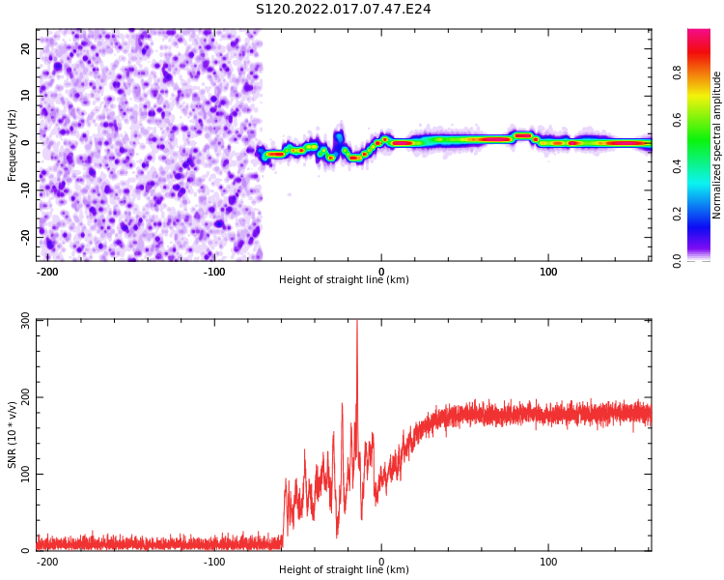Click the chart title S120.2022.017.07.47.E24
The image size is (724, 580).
pos(344,9)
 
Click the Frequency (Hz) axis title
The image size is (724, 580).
pos(13,145)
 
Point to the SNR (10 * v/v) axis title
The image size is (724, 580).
pos(13,435)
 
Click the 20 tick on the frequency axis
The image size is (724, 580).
pos(26,48)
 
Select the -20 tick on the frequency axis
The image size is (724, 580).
pos(24,236)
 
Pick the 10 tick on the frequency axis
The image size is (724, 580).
pos(26,95)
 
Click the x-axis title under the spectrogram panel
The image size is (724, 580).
pos(344,280)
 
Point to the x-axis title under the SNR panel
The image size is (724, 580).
pos(344,570)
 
